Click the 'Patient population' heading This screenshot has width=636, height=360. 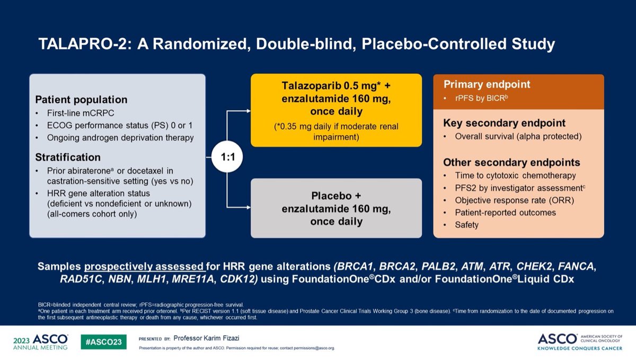pos(81,100)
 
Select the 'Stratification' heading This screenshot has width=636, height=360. pos(68,157)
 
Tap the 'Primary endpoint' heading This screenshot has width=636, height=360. pos(487,85)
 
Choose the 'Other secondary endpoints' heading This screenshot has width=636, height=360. pos(504,163)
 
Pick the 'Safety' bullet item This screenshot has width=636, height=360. pos(466,225)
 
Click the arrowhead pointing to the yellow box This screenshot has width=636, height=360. pos(248,111)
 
